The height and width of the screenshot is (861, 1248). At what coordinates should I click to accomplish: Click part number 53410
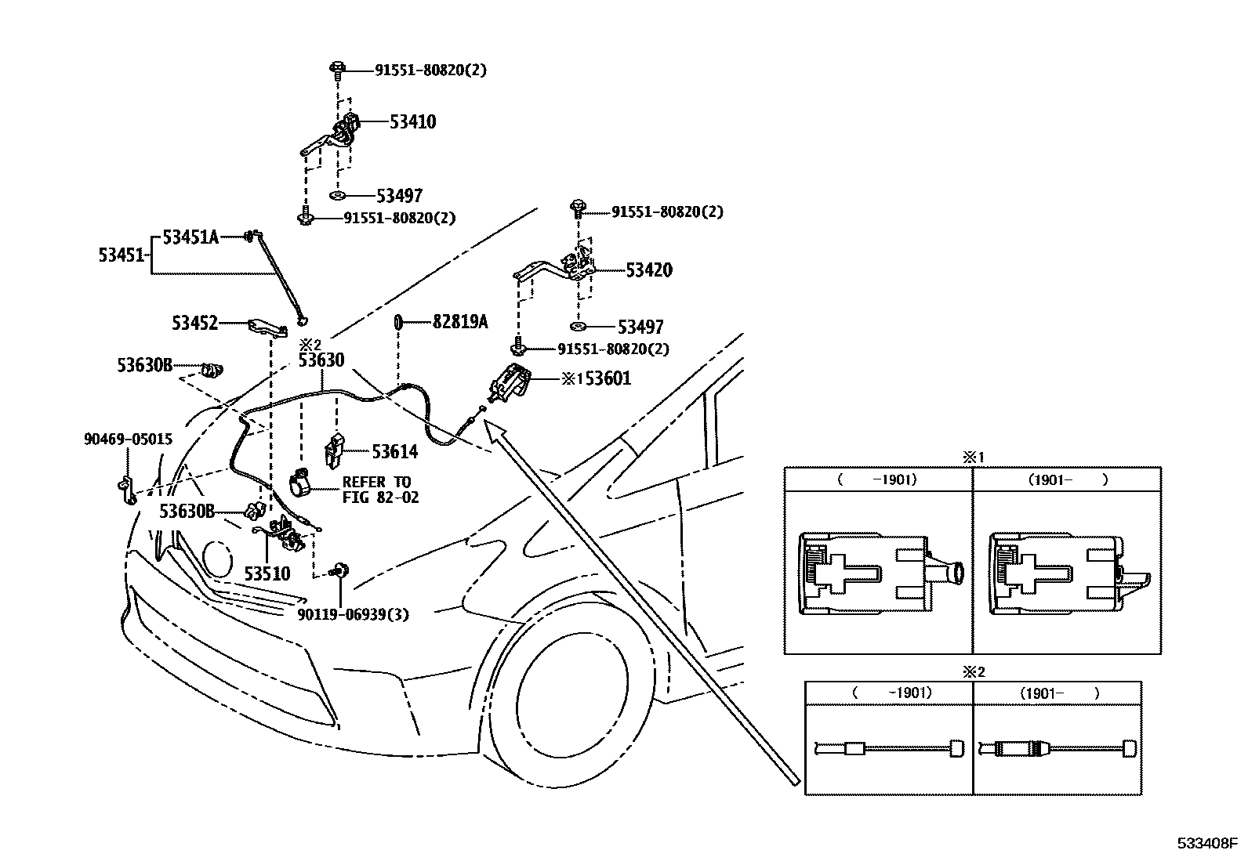pos(412,121)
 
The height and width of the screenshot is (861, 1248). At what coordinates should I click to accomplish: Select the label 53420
pos(648,270)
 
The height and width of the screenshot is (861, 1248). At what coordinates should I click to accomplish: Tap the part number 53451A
pos(190,236)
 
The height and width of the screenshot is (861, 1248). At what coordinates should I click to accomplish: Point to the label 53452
pos(195,323)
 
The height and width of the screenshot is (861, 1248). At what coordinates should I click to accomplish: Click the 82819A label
pos(460,321)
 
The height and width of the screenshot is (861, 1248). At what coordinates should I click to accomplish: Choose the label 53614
pos(394,452)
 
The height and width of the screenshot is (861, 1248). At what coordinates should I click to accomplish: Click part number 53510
pos(267,573)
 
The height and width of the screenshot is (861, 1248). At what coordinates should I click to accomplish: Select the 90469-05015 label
pos(128,440)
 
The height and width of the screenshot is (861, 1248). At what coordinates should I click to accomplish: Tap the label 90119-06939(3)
pos(353,614)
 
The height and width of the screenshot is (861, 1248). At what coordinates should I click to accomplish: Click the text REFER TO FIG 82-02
pos(379,490)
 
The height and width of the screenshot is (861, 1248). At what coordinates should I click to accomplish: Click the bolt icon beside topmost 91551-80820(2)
pos(336,70)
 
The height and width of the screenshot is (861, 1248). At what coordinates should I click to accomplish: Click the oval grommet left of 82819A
pos(398,321)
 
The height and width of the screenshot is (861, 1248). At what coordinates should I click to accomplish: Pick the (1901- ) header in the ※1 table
pos(1067,479)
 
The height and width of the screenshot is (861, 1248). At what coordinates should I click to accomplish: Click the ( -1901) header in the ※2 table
pos(890,693)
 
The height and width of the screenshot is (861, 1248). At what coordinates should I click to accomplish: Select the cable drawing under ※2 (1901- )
pos(1057,749)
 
